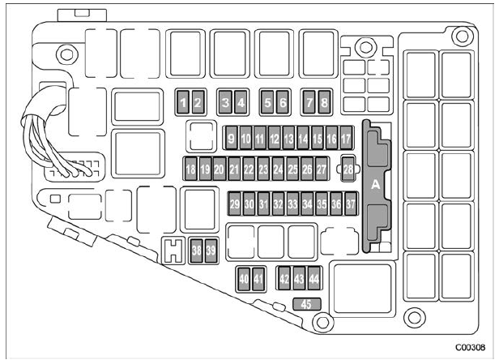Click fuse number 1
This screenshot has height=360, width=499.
183,102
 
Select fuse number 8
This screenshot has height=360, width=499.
324,102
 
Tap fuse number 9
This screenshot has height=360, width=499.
232,138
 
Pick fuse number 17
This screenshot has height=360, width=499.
346,138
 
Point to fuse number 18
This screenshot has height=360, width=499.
190,169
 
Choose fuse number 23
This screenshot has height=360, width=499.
263,169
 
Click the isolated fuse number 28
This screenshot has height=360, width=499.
348,169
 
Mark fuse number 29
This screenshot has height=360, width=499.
235,204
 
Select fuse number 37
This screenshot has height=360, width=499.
351,204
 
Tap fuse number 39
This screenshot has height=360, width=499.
211,251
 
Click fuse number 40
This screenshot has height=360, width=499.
244,279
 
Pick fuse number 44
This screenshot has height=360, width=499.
314,278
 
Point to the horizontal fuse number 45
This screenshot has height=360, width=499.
307,304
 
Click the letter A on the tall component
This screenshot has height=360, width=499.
376,185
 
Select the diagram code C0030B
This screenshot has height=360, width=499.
471,347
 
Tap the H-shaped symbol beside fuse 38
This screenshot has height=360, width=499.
173,251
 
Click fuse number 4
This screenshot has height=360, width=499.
241,102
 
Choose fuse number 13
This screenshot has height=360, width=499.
288,138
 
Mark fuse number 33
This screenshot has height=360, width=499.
292,204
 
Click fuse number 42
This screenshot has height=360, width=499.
284,278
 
